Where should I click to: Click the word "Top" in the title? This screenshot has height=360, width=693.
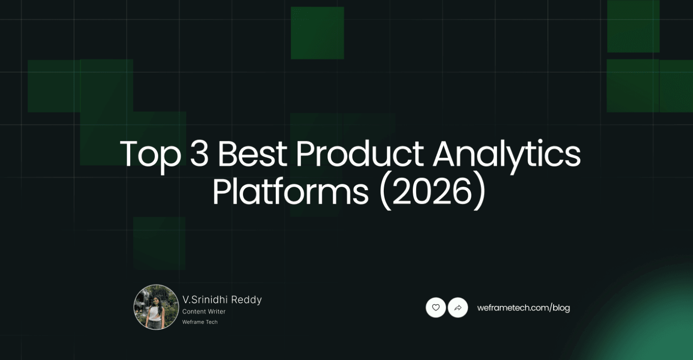(150, 154)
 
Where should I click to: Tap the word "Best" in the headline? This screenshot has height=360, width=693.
(252, 154)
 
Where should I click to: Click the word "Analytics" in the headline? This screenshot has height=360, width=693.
(506, 154)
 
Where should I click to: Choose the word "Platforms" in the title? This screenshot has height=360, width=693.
(290, 192)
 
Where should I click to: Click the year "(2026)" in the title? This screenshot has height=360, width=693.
(432, 192)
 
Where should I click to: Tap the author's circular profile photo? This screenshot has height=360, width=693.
(156, 307)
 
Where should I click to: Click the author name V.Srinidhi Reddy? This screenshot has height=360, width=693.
(222, 300)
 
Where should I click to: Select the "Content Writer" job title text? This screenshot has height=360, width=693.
(204, 312)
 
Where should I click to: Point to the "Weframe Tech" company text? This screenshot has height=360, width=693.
(200, 322)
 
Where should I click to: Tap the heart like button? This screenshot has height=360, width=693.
(436, 307)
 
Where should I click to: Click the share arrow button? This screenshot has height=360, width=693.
(458, 307)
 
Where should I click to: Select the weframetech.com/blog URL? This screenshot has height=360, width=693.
(523, 308)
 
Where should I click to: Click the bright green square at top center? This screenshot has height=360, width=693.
(317, 33)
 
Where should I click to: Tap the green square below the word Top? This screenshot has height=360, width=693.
(159, 243)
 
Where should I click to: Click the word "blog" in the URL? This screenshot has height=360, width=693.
(561, 308)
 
